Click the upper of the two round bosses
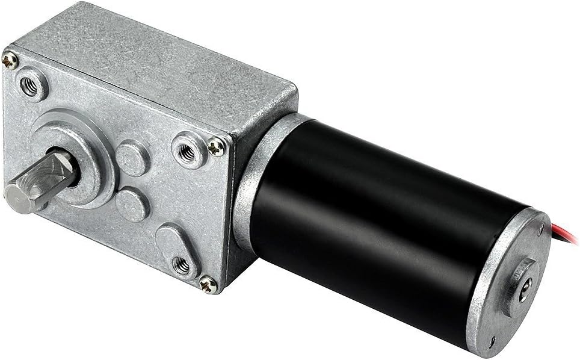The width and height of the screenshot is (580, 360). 132,158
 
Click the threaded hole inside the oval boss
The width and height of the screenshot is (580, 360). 182,264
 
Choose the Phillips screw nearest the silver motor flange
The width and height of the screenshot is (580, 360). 216,144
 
